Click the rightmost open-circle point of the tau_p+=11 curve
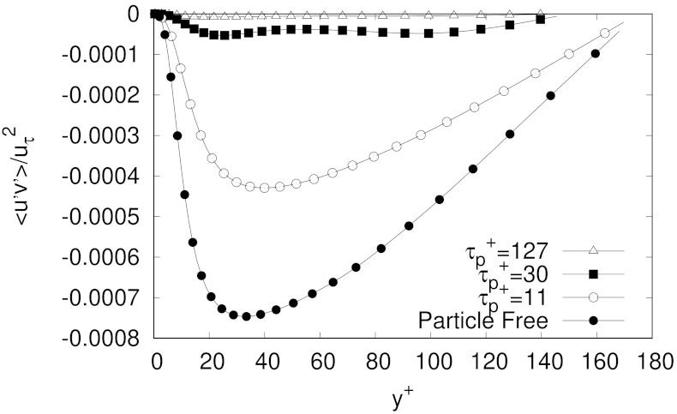605,33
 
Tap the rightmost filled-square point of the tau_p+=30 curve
540,19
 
